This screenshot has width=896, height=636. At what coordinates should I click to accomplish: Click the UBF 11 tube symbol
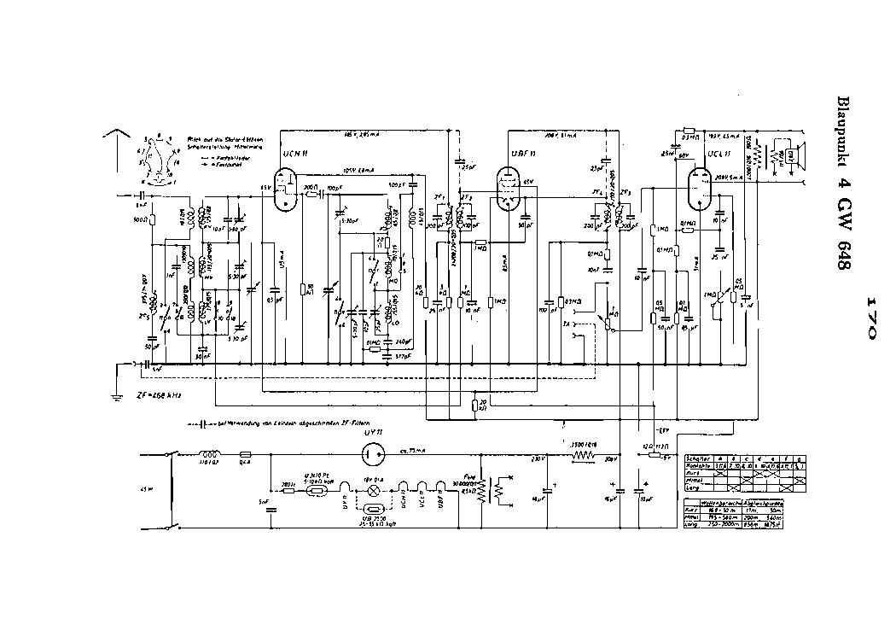(x=510, y=185)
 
